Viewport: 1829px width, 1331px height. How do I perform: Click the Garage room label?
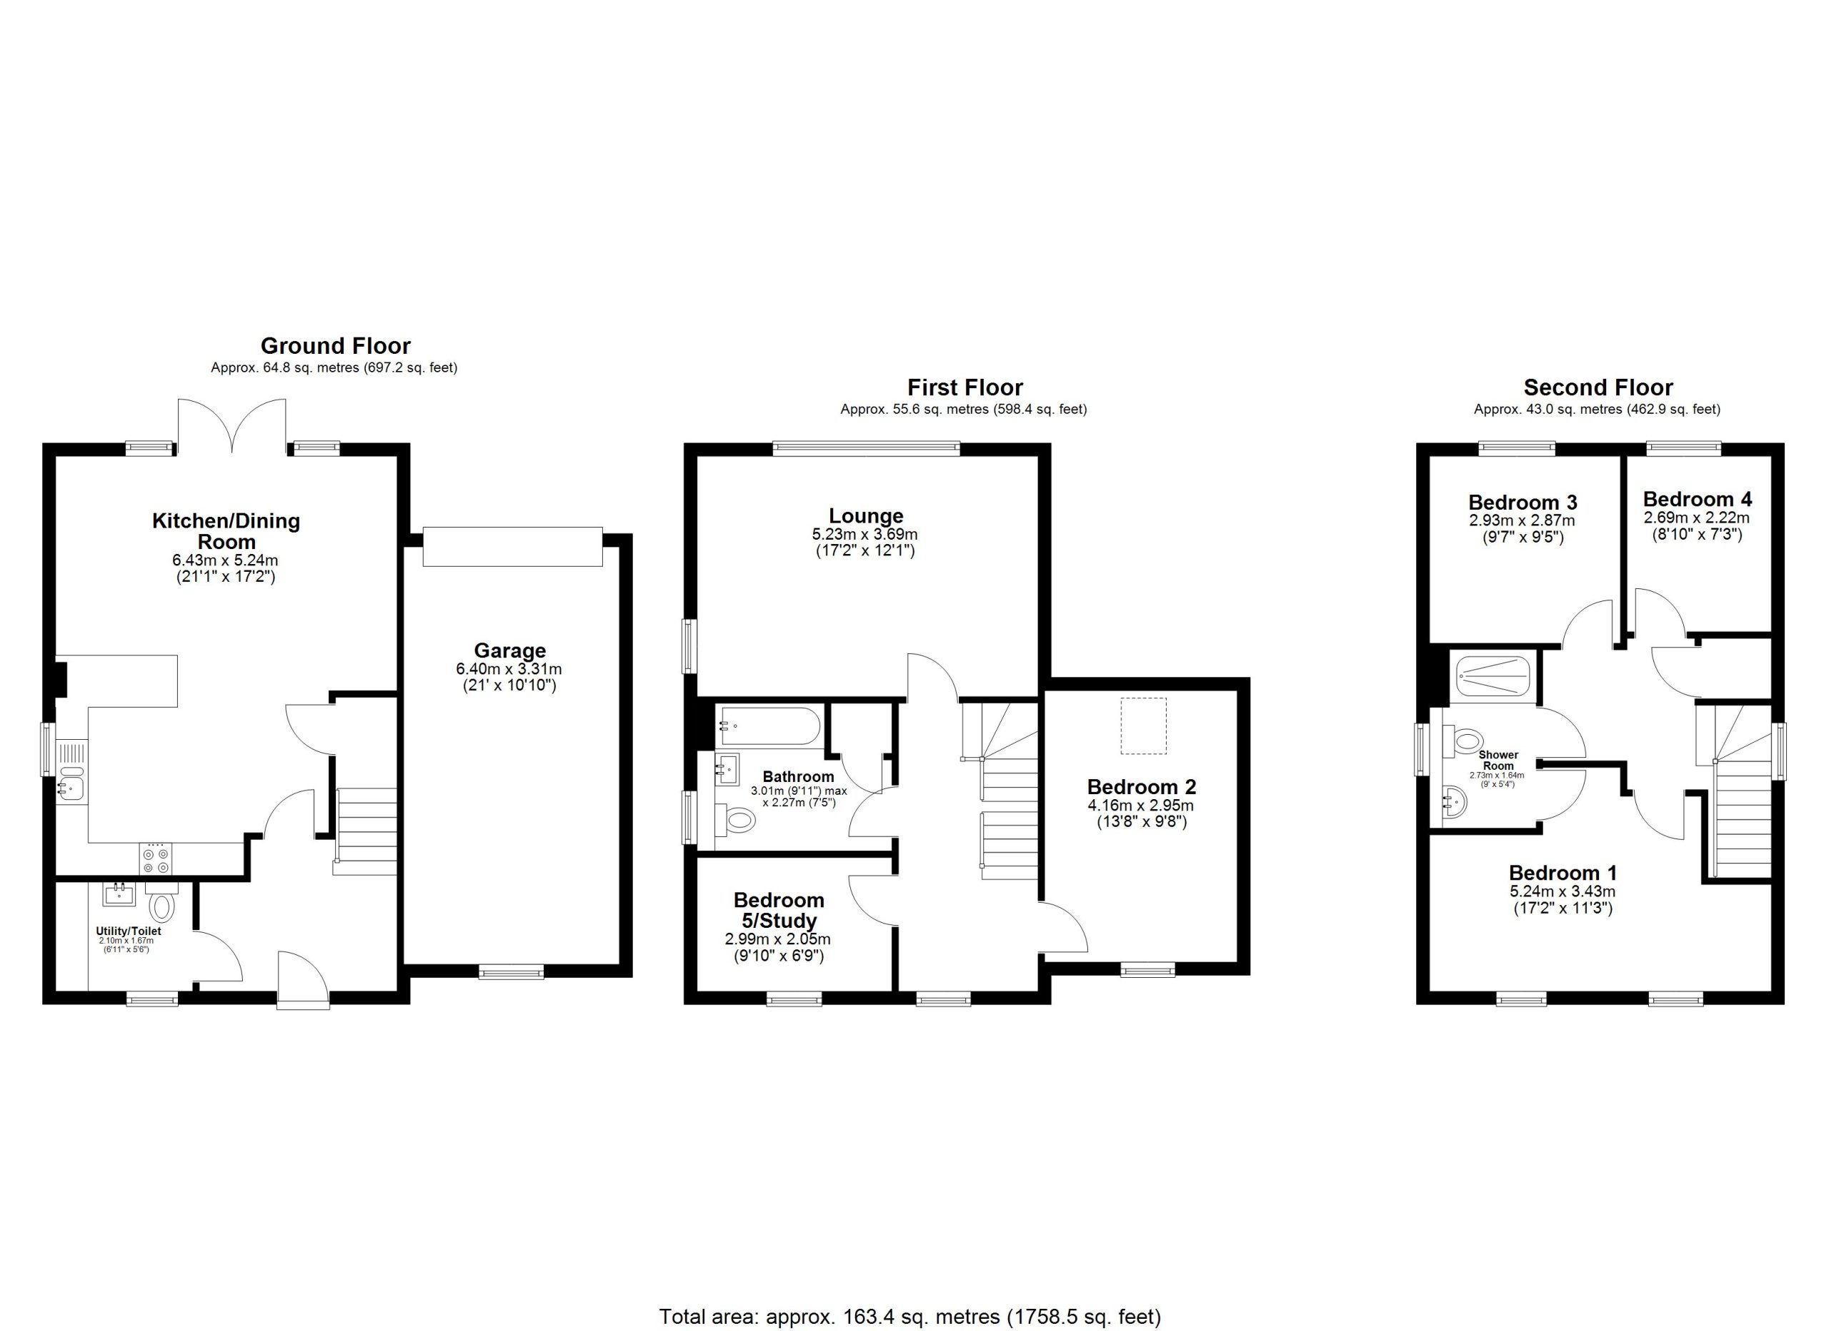coord(509,650)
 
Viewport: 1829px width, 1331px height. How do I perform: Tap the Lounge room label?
coord(866,515)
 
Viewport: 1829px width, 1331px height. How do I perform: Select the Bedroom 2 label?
coord(1141,786)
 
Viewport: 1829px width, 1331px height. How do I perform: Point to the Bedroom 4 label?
coord(1698,500)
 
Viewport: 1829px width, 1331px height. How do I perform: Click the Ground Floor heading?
coord(336,346)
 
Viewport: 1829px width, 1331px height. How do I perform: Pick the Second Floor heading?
coord(1598,387)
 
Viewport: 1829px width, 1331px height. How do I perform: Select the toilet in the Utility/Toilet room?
coord(162,902)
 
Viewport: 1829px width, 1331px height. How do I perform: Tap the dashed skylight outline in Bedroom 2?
coord(1144,726)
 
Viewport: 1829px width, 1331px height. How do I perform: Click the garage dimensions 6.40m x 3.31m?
coord(509,669)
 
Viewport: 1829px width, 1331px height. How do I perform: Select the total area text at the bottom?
coord(910,1317)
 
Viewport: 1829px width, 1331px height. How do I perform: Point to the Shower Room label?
coord(1498,761)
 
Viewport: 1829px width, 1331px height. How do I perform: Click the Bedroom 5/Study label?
coord(779,910)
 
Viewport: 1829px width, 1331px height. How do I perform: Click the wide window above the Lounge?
coord(866,448)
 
